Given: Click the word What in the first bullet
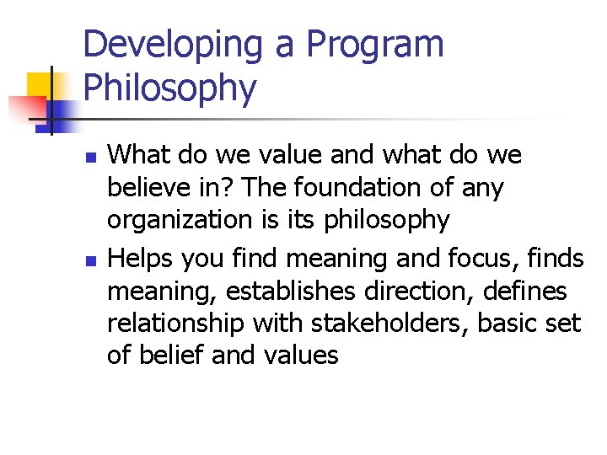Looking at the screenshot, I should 137,155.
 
